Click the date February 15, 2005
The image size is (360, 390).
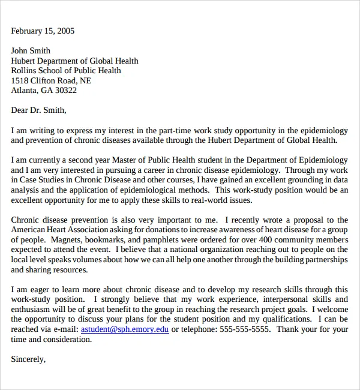[43, 31]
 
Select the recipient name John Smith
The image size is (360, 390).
[31, 51]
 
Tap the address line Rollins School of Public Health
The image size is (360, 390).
[66, 71]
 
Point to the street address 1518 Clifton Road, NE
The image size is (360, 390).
[51, 80]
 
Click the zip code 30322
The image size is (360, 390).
[66, 91]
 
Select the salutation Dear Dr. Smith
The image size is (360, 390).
[38, 110]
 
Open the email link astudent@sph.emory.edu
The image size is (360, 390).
[125, 329]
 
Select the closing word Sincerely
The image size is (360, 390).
[28, 359]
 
